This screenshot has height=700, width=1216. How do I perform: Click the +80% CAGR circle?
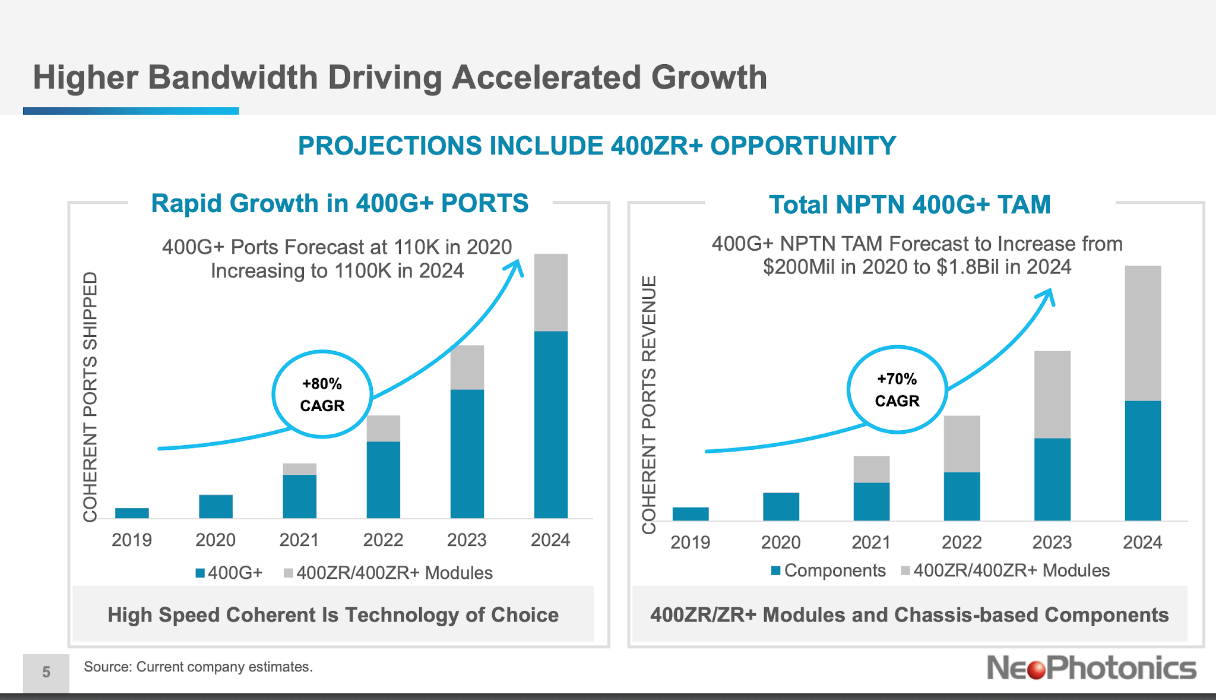[x=322, y=395]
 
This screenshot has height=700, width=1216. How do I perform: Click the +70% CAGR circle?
[x=897, y=390]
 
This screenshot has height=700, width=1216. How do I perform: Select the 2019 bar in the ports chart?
[x=132, y=513]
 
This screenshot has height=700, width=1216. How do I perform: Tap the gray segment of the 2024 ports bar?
[x=550, y=292]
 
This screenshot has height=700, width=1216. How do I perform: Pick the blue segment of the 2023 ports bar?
[x=467, y=453]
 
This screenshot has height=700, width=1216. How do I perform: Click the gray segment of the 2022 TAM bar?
[x=961, y=444]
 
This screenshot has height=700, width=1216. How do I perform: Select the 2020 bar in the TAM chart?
[x=781, y=506]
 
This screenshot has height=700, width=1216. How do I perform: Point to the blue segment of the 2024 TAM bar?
[x=1142, y=461]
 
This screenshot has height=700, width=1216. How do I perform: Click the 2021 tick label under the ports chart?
[x=299, y=540]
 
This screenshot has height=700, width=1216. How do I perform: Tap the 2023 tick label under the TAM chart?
[x=1052, y=543]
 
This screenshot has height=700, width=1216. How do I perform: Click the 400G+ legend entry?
[x=229, y=573]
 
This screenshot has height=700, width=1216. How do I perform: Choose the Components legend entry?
[x=828, y=570]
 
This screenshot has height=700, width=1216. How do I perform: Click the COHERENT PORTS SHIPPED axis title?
[x=90, y=396]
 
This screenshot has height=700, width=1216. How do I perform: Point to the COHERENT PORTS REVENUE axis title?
[x=649, y=404]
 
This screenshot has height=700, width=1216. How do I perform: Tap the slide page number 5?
[x=46, y=672]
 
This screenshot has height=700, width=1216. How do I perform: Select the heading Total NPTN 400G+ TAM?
[x=910, y=204]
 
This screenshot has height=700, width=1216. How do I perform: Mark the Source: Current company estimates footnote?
[x=198, y=667]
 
